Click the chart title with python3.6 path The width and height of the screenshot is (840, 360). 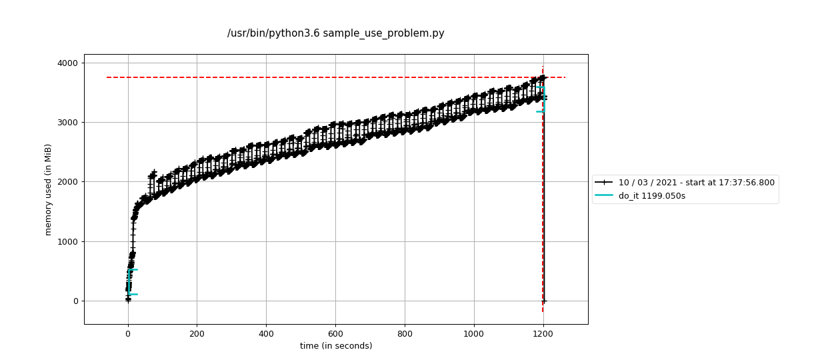pyautogui.click(x=335, y=33)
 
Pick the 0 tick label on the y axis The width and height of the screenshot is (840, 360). pyautogui.click(x=75, y=301)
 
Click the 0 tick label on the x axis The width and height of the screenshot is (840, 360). pyautogui.click(x=128, y=333)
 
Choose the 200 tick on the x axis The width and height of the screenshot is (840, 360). pyautogui.click(x=197, y=333)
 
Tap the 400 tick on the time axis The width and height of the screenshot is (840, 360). pyautogui.click(x=266, y=333)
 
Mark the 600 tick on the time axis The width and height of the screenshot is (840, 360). pyautogui.click(x=335, y=333)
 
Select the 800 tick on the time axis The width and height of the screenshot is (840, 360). pyautogui.click(x=405, y=333)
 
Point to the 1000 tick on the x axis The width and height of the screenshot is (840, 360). pyautogui.click(x=474, y=333)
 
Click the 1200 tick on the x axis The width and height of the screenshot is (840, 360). pyautogui.click(x=543, y=333)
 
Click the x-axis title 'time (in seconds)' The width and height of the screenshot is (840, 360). pyautogui.click(x=336, y=346)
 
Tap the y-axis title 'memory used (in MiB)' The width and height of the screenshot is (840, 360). pyautogui.click(x=48, y=189)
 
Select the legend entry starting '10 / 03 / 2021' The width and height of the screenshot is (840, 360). pyautogui.click(x=696, y=182)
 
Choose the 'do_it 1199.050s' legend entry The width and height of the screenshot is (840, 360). pyautogui.click(x=651, y=196)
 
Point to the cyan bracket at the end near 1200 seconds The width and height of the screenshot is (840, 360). pyautogui.click(x=542, y=99)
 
